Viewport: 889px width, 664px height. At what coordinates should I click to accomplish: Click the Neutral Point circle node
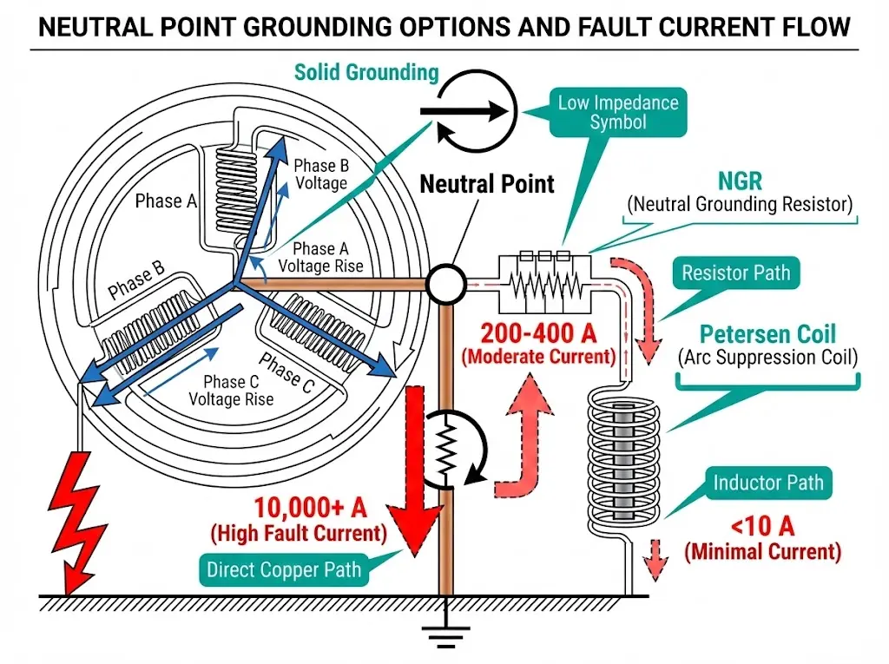click(446, 283)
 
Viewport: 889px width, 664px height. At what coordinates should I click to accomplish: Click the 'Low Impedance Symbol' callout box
click(617, 112)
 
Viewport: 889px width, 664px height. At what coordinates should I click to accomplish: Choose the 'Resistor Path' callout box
click(735, 273)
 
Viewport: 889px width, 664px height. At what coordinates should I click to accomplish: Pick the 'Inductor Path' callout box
click(767, 482)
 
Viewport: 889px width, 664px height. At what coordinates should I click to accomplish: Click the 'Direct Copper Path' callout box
click(283, 570)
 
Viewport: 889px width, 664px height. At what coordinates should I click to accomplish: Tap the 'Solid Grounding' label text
click(366, 72)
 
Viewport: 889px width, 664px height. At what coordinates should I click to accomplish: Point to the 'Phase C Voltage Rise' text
click(231, 391)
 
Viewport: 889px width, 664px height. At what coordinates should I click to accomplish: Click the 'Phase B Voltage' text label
click(320, 174)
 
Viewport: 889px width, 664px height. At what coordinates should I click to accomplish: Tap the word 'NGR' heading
click(740, 181)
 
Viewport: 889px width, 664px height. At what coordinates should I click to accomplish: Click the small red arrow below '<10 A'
click(657, 559)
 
